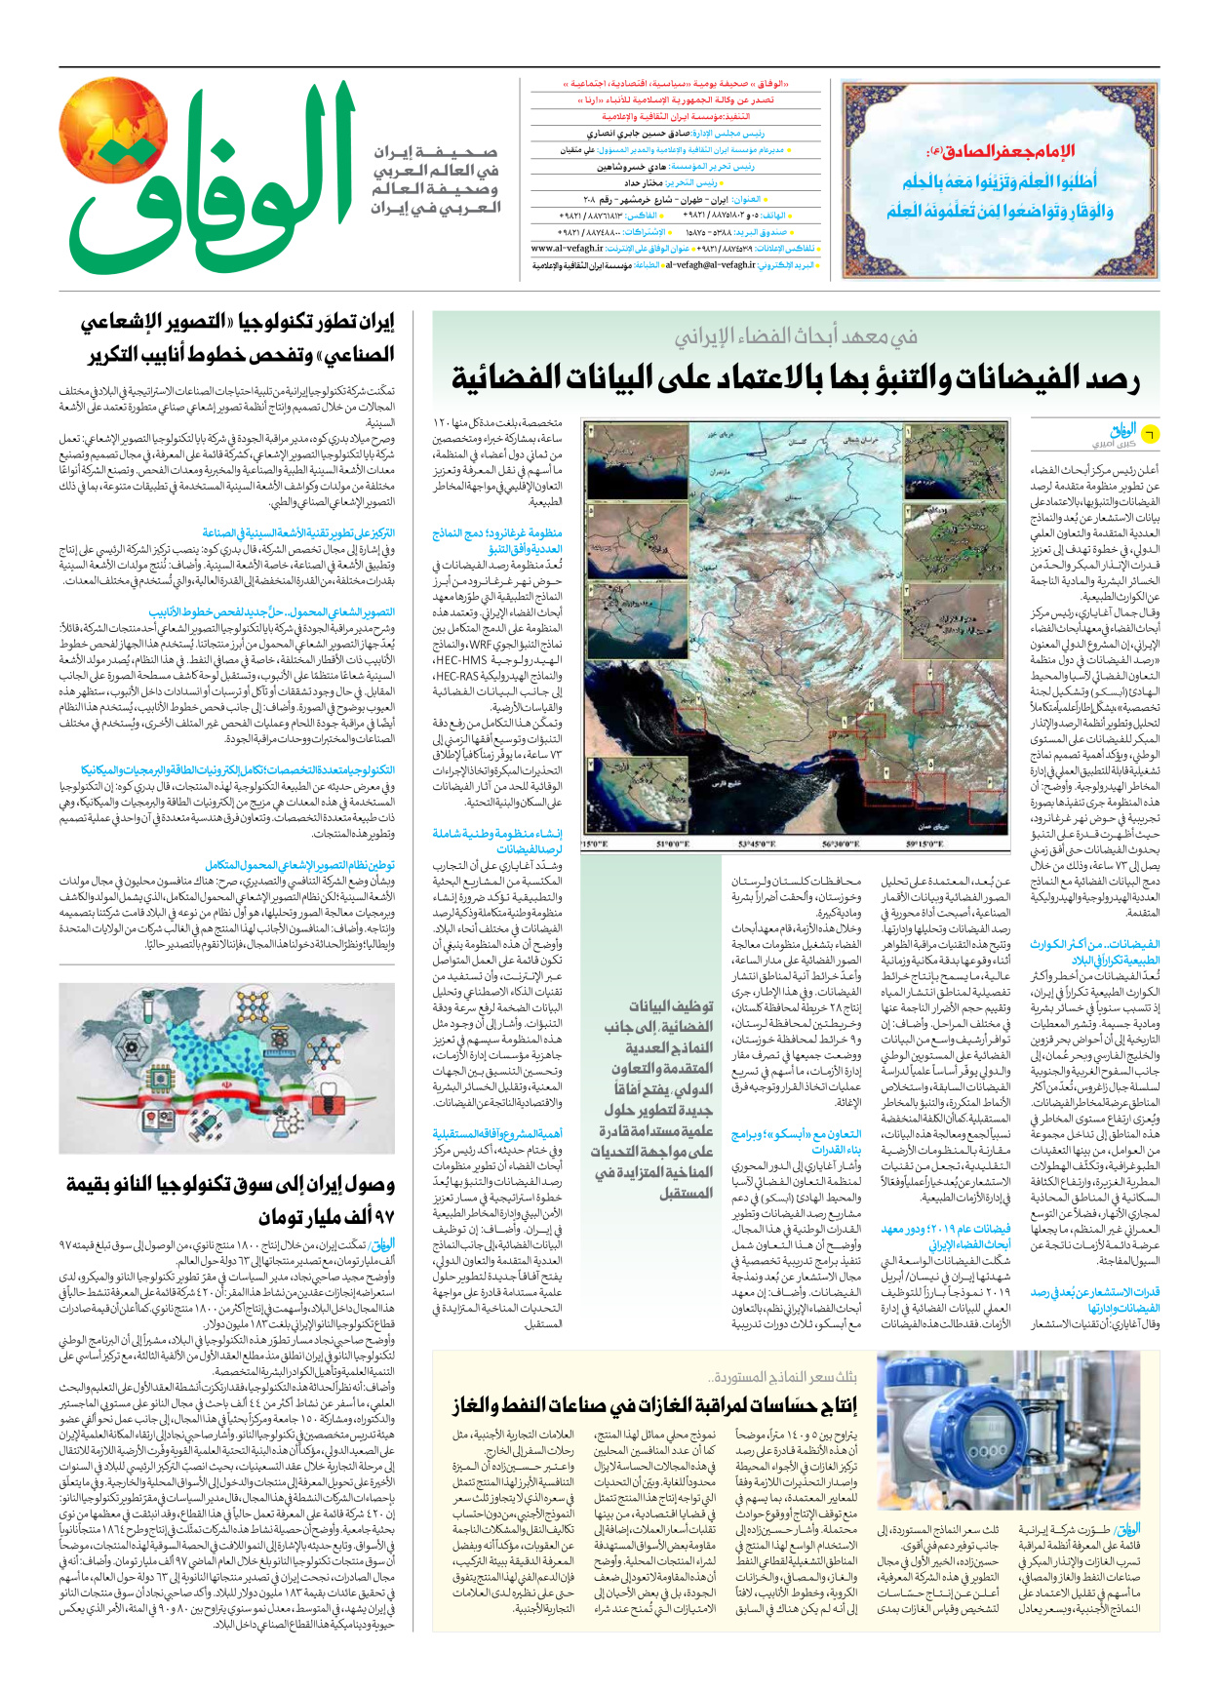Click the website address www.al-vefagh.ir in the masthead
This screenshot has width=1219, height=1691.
coord(567,249)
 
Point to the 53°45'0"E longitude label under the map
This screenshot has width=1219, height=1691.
coord(757,845)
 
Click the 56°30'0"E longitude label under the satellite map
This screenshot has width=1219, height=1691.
coord(841,845)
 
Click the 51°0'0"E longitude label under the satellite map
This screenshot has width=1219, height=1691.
coord(673,845)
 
